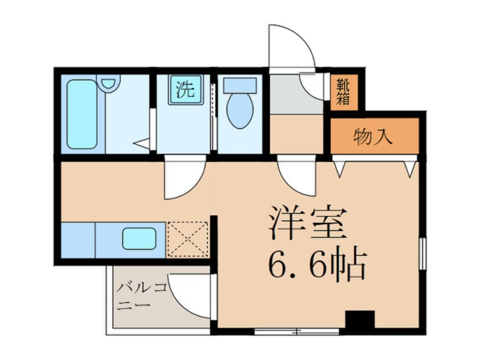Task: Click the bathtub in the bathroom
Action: (82, 114)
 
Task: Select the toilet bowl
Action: (240, 111)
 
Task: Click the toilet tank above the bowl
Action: (240, 85)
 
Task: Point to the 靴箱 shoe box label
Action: (343, 92)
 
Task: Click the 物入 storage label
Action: (373, 137)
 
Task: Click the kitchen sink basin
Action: (140, 238)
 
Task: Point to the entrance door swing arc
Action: (292, 45)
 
